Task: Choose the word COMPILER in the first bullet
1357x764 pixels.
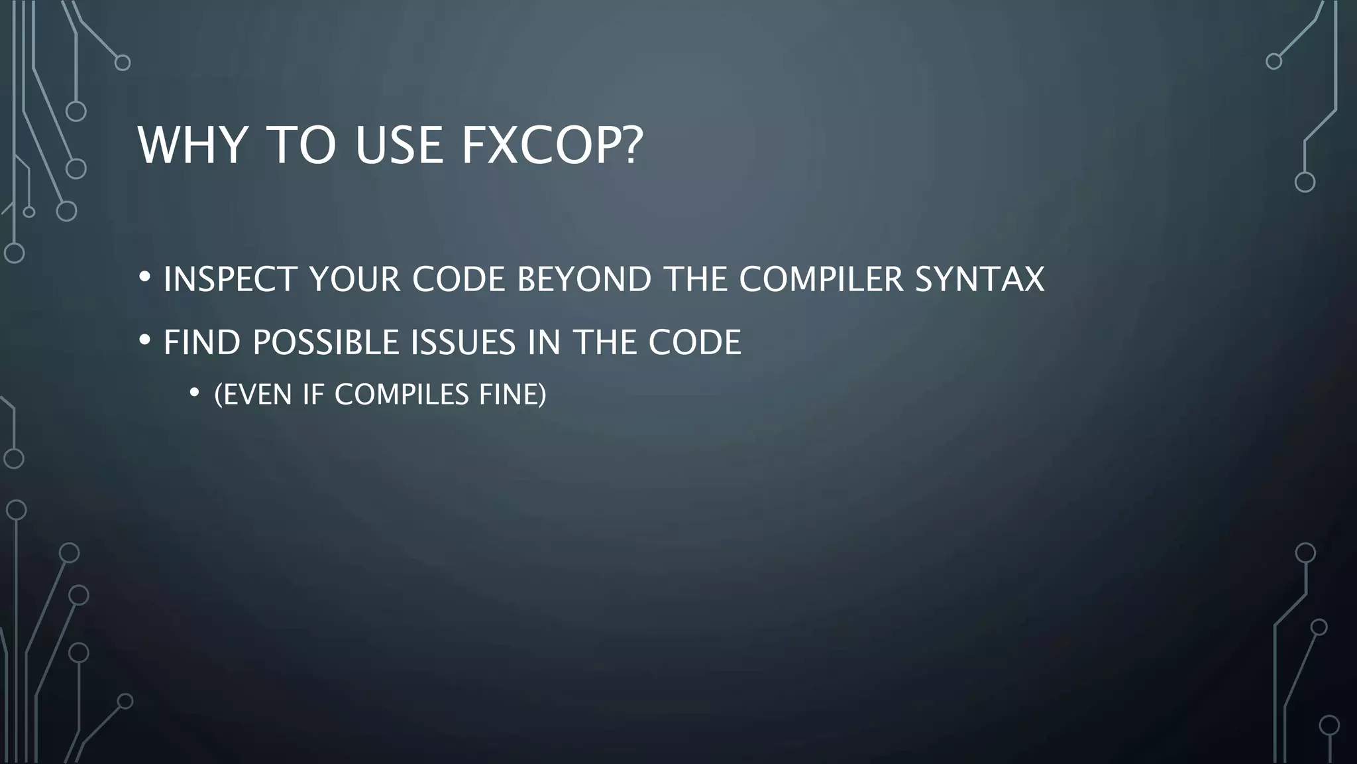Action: coord(821,279)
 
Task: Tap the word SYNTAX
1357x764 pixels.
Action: coord(979,279)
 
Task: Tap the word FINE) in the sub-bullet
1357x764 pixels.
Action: coord(512,395)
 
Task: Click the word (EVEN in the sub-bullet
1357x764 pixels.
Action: coord(253,395)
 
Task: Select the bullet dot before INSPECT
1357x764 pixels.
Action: coord(145,277)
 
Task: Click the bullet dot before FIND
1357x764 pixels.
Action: coord(145,341)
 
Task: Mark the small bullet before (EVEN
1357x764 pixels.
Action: coord(194,393)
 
